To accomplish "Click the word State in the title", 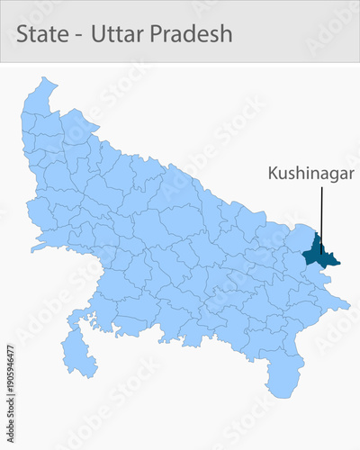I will tap(42, 34).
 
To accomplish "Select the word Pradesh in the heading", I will tap(192, 34).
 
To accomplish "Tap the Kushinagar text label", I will tap(310, 173).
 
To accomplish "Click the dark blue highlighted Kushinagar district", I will tap(317, 253).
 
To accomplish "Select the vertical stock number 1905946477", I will tap(10, 375).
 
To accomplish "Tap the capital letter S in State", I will tap(23, 34).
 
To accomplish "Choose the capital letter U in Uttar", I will tap(99, 34).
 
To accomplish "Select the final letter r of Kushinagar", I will tap(350, 174).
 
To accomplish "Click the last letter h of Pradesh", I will tap(226, 34).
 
